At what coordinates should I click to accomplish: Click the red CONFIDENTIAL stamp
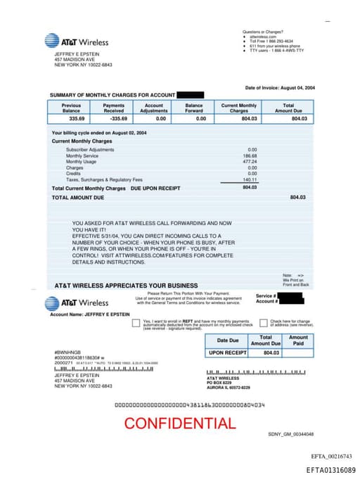(x=180, y=423)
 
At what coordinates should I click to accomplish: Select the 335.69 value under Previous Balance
(x=71, y=119)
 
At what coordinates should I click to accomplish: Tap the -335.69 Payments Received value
(x=113, y=119)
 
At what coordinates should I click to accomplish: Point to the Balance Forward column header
(x=194, y=108)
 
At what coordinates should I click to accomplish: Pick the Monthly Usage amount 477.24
(x=250, y=162)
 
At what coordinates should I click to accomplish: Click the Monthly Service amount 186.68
(x=250, y=155)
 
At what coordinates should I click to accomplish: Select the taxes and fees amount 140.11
(x=250, y=179)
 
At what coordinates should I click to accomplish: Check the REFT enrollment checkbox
(x=136, y=322)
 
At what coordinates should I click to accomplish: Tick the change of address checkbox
(x=255, y=322)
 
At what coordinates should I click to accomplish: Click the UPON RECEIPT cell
(x=226, y=352)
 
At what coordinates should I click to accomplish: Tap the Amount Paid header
(x=298, y=341)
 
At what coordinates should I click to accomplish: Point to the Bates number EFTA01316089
(x=330, y=469)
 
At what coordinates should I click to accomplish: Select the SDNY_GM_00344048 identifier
(x=290, y=434)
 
